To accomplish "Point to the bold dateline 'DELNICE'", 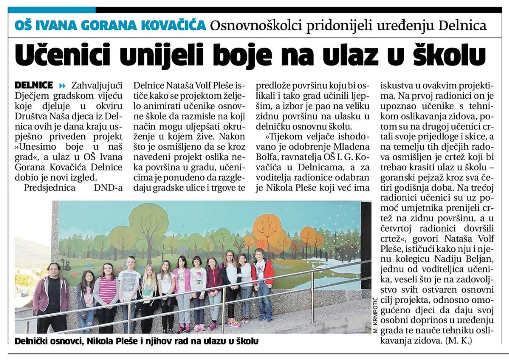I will tap(34, 85).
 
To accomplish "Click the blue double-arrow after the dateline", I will tap(63, 85).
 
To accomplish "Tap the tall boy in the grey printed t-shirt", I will tap(129, 291).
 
